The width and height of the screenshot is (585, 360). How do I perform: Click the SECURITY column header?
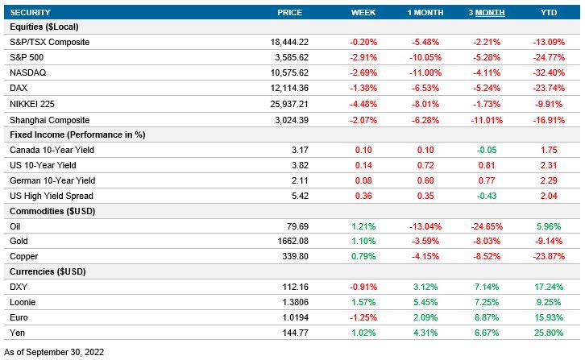coord(30,12)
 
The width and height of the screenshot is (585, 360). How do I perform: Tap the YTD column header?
coord(547,12)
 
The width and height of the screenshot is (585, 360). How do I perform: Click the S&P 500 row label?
coord(28,57)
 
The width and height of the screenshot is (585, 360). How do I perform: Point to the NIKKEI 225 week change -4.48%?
coord(364,103)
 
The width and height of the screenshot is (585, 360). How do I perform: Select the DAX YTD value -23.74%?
coord(547,88)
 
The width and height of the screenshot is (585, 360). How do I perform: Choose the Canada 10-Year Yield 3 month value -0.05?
coord(487,150)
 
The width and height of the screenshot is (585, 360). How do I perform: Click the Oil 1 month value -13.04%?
coord(424,226)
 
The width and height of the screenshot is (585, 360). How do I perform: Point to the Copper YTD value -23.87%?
coord(547,257)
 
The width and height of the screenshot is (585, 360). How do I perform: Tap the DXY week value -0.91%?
coord(364,288)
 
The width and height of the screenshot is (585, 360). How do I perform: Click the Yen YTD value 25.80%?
coord(547,333)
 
